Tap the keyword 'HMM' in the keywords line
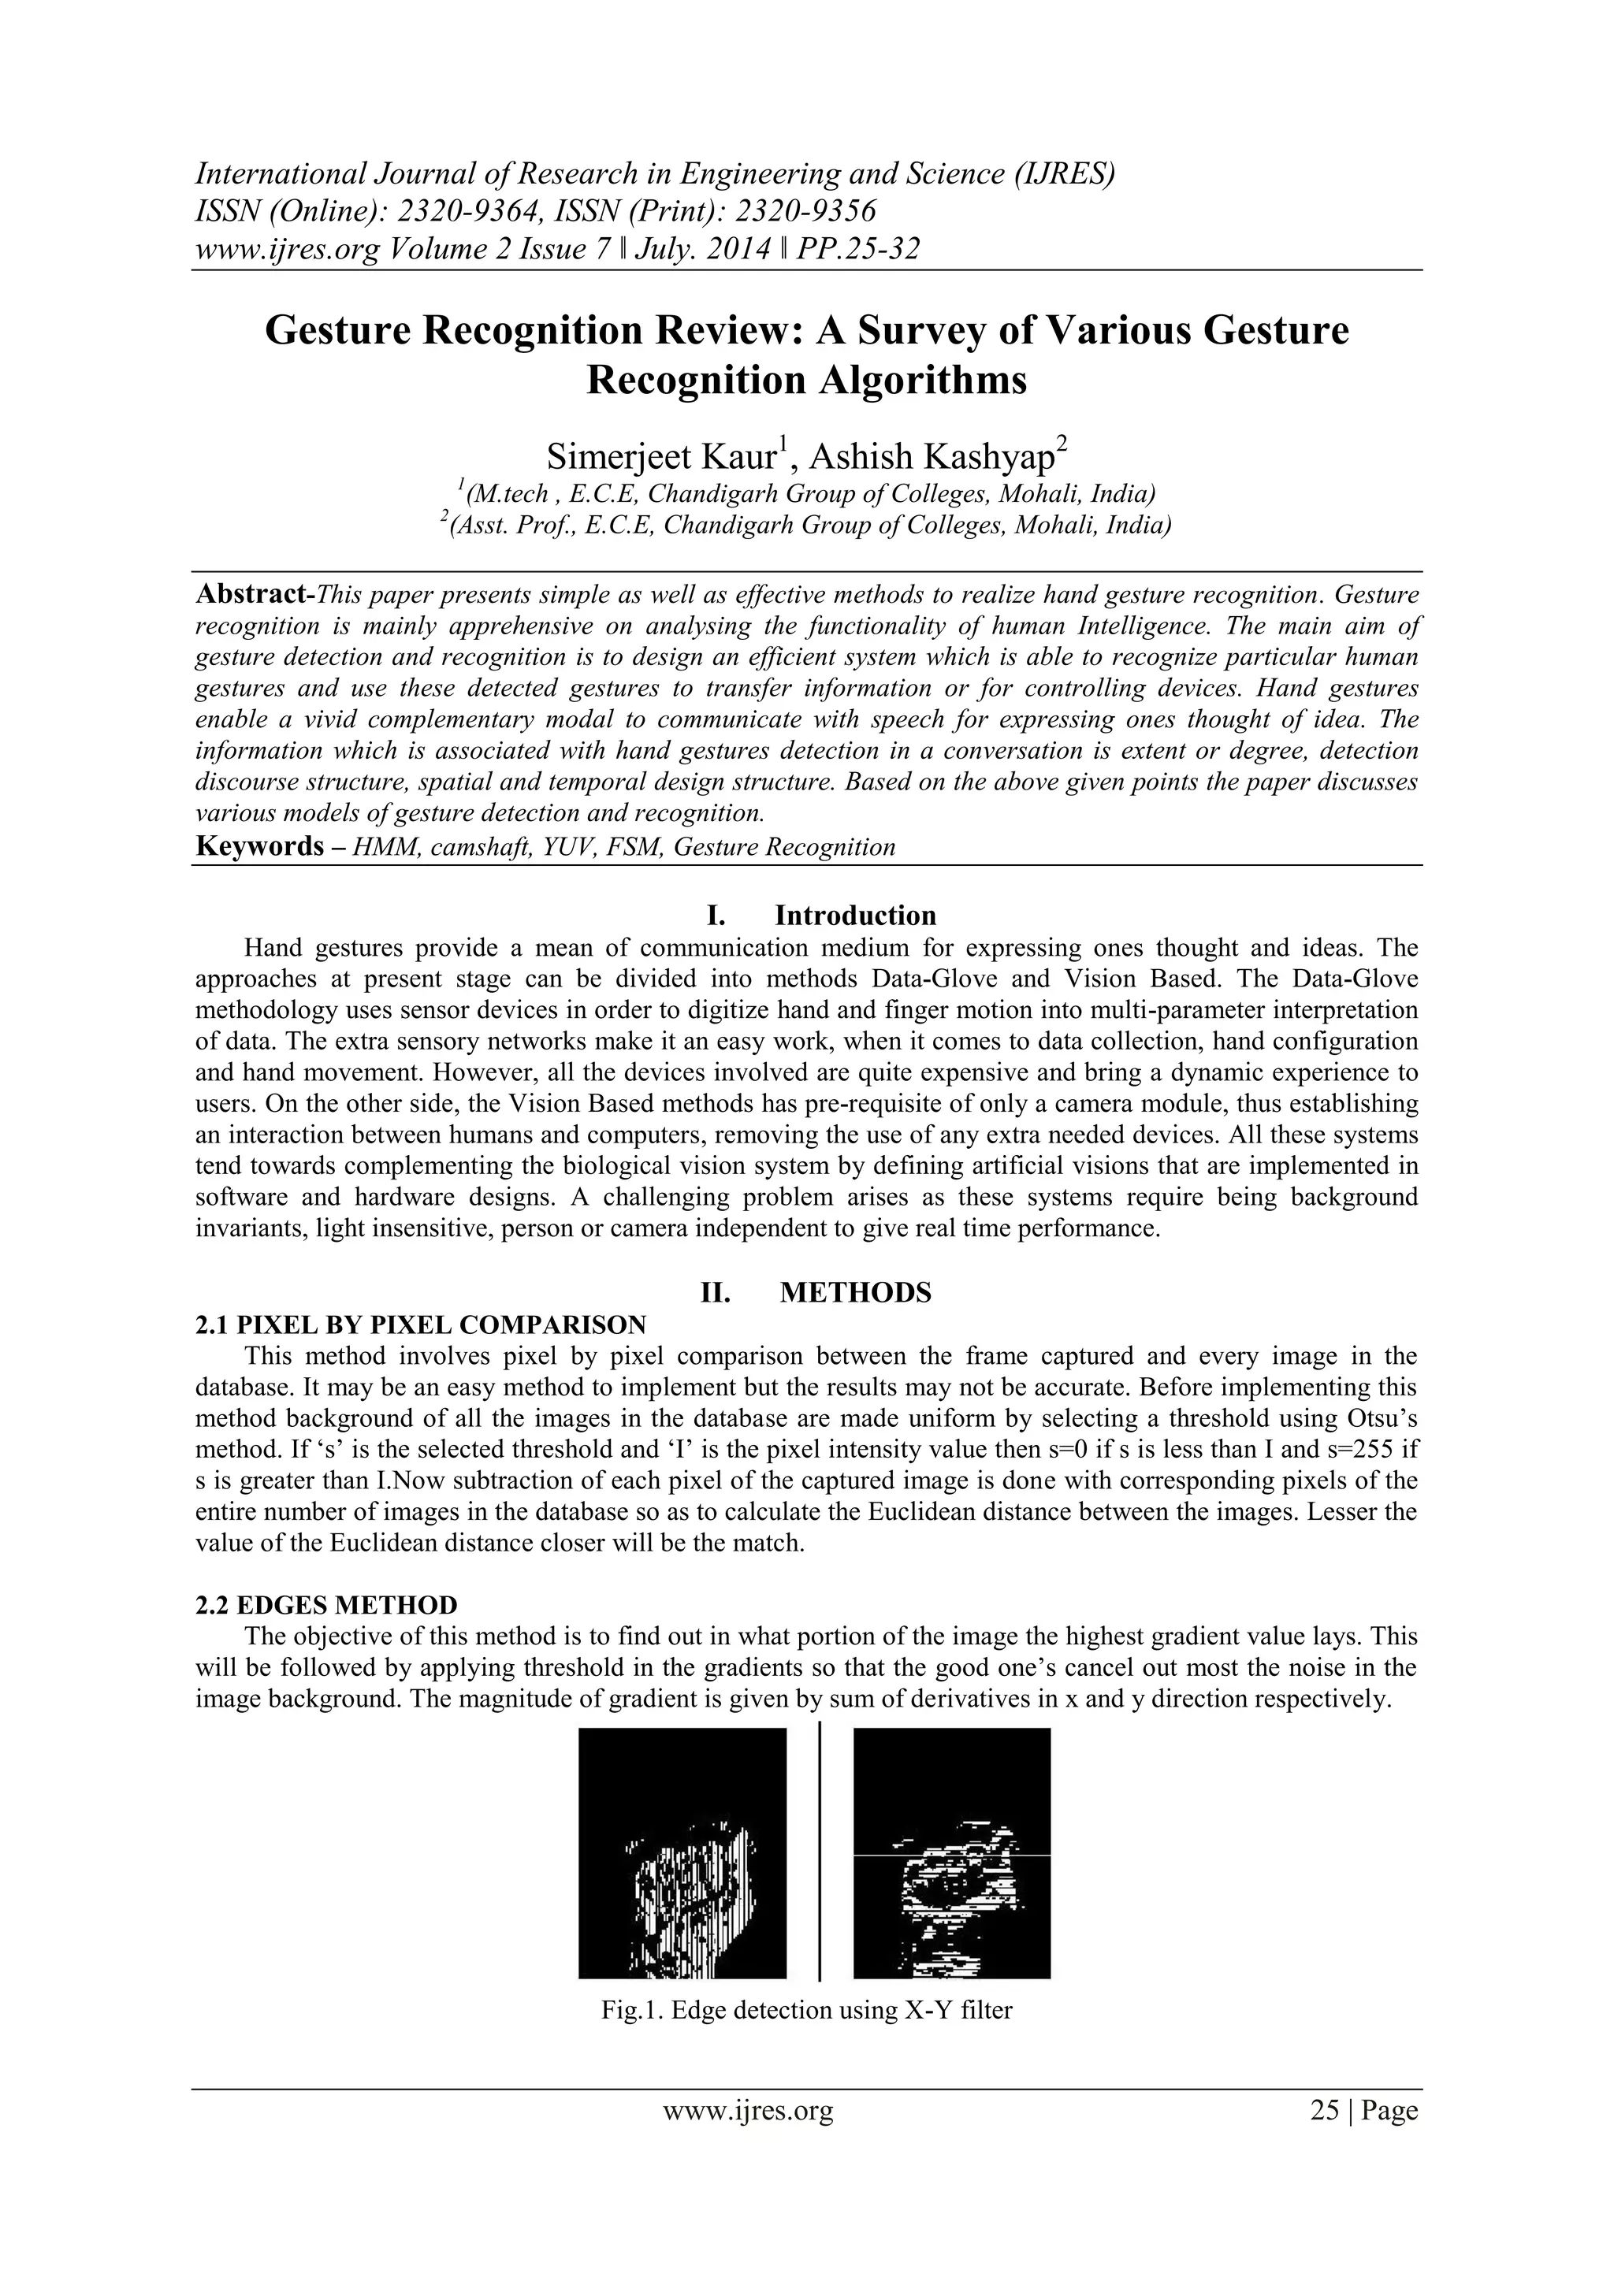tap(381, 848)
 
